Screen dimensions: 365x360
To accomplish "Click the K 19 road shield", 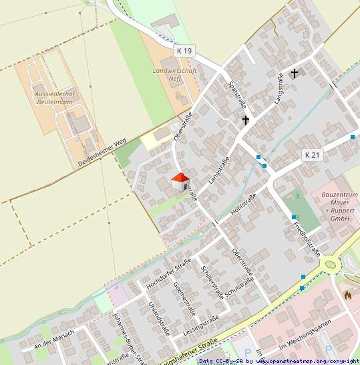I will (185, 51).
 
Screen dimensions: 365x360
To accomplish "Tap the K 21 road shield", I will (313, 155).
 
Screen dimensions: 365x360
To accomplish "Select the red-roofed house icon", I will (180, 182).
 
